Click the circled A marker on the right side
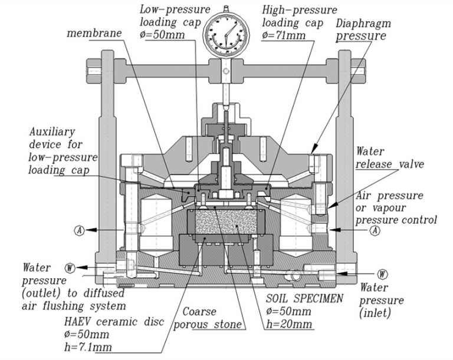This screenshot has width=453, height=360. [x=374, y=230]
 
